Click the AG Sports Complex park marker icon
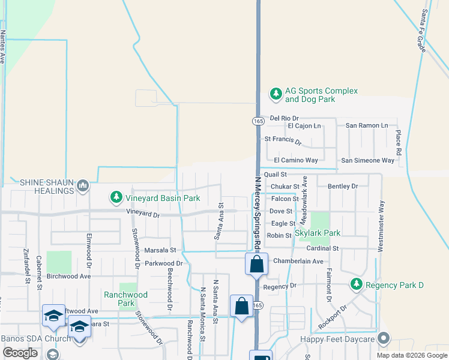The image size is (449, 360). click(276, 94)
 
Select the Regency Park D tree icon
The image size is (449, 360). click(357, 284)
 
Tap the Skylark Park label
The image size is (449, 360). click(318, 233)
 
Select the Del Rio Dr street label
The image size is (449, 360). click(284, 118)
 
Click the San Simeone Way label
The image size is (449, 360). click(367, 160)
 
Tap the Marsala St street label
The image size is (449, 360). click(159, 250)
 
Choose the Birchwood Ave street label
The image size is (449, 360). click(68, 276)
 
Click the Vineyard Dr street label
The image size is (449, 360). click(143, 213)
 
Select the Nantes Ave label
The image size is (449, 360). click(2, 47)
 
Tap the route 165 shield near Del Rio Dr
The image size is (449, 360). click(258, 121)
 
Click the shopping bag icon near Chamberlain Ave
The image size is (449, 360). click(256, 264)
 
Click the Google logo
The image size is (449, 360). click(20, 353)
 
